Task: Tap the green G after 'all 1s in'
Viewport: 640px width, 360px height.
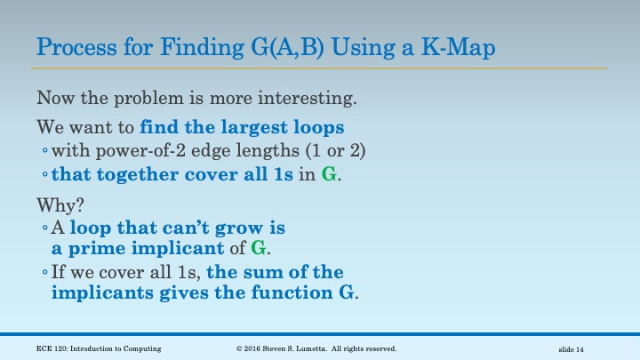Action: (329, 174)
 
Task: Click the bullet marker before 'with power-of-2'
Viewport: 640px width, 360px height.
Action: (44, 151)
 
